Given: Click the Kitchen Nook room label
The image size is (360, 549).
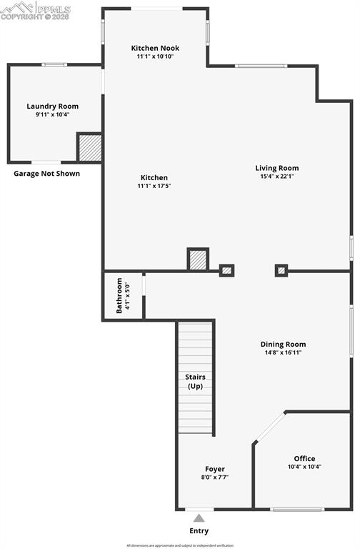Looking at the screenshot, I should tap(155, 48).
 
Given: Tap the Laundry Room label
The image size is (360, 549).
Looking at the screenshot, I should tap(53, 107).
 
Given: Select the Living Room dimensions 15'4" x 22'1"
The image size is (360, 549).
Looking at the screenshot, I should tap(277, 176).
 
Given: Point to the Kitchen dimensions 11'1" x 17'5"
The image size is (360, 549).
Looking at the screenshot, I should tap(154, 186).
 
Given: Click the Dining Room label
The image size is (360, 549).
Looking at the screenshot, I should tap(283, 344).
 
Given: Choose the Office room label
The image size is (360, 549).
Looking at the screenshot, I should tap(304, 458).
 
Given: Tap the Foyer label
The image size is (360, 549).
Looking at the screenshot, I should tap(215, 469).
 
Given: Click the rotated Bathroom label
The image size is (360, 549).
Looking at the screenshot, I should tap(119, 296).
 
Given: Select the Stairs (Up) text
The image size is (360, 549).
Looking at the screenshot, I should tap(196, 381).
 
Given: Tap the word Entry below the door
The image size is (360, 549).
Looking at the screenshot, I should tap(199, 531).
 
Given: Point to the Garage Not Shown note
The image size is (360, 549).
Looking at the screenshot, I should tap(47, 174).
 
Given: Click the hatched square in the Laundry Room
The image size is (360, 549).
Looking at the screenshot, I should tap(90, 147).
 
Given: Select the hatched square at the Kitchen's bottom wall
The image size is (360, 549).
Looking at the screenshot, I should tap(198, 259).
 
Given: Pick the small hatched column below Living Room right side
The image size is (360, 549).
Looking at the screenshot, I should tap(281, 270).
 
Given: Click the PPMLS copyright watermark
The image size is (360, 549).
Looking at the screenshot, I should tap(36, 11).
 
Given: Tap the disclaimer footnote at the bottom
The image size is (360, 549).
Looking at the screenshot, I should tap(180, 545).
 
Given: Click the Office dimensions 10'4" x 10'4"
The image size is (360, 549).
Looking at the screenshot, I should tap(304, 467).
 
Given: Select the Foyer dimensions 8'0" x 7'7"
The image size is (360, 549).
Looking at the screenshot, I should tap(215, 478).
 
